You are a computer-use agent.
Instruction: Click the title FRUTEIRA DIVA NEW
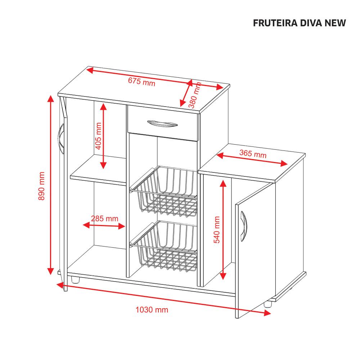tap(299, 23)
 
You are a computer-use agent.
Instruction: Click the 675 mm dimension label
tap(141, 82)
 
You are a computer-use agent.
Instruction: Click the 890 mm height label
tap(42, 186)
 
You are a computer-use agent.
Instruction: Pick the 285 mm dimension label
tap(104, 218)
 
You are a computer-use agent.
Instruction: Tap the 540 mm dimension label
tap(217, 230)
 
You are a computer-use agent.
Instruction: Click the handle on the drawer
tap(162, 123)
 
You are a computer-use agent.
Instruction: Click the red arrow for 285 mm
tap(104, 226)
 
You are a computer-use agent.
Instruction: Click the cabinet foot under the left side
tap(75, 280)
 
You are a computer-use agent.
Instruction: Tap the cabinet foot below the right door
tap(267, 303)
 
